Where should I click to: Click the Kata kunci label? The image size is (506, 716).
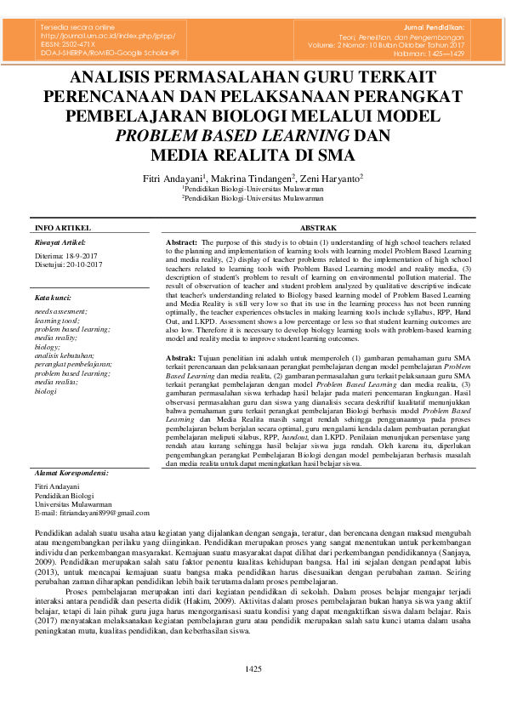click(x=54, y=298)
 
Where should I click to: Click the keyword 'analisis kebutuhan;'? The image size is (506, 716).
click(x=65, y=355)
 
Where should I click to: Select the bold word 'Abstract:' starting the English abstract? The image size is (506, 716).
click(x=181, y=243)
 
